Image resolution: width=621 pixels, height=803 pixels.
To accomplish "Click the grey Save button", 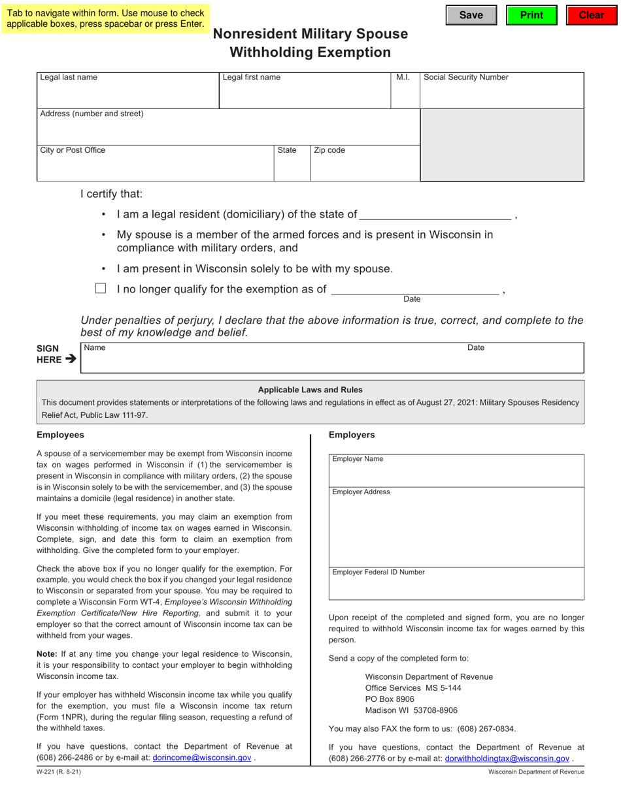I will (471, 15).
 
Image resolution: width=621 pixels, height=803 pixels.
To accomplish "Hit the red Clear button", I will (591, 15).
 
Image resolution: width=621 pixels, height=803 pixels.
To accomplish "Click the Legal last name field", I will (127, 95).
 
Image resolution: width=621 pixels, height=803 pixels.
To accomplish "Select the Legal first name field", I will (305, 95).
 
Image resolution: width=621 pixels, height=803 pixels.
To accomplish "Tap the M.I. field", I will (405, 95).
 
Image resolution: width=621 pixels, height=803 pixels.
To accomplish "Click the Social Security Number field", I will (501, 95).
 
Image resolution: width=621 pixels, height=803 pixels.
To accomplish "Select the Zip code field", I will (364, 167).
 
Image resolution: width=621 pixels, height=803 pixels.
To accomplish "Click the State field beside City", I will (292, 167).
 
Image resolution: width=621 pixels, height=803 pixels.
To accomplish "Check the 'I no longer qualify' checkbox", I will (101, 289).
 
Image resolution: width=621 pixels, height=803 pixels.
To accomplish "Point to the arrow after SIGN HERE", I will (71, 359).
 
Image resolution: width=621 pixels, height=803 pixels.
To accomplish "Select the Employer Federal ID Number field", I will (456, 588).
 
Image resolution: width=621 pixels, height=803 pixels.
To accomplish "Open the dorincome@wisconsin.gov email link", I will (201, 758).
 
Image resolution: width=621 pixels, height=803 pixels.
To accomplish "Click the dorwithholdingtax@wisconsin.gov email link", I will (507, 759).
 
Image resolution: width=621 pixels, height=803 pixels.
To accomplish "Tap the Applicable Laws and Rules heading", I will (310, 390).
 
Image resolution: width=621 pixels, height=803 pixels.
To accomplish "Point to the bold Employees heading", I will (60, 435).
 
